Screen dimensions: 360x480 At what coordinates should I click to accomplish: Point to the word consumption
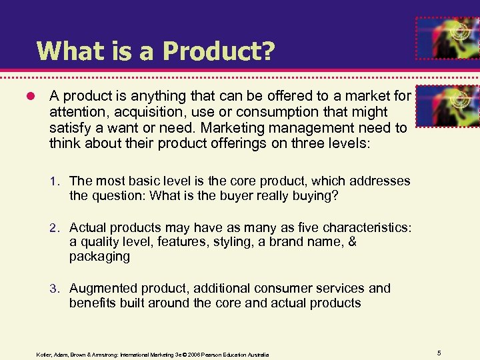tap(290, 112)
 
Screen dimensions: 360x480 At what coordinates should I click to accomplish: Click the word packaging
tap(99, 257)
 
